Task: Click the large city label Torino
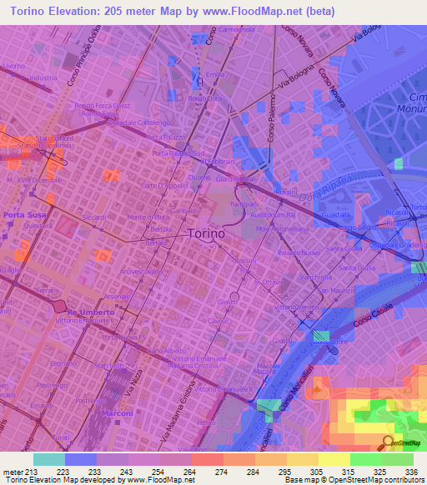[205, 234]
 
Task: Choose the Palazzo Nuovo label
[299, 252]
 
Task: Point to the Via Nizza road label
[128, 383]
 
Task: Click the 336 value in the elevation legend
[409, 470]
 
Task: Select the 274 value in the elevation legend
[221, 470]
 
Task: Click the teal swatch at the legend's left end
[49, 458]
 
